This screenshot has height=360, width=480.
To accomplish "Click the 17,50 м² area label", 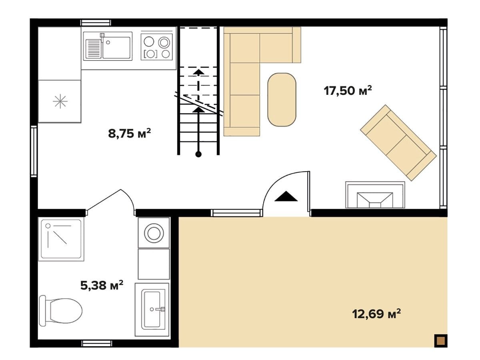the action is click(x=347, y=90).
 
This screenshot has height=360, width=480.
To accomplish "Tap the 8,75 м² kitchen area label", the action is click(x=130, y=133).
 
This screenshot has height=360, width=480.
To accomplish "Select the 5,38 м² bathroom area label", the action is click(x=102, y=285).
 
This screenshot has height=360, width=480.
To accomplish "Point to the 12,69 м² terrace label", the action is click(x=376, y=314).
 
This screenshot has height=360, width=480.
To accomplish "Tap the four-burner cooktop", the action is click(x=156, y=46).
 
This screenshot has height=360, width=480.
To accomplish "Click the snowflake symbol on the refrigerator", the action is click(x=60, y=101).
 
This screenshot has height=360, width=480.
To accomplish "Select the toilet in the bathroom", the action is click(x=60, y=311).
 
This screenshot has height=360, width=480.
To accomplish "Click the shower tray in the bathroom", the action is click(x=61, y=240).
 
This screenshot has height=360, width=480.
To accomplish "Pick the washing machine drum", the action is click(x=154, y=233).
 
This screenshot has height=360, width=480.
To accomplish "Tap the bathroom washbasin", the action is click(x=152, y=310).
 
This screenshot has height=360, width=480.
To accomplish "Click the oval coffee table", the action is click(x=282, y=100).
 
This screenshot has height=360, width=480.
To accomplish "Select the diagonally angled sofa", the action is click(x=398, y=143).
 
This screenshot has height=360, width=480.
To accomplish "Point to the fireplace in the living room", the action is click(x=375, y=194).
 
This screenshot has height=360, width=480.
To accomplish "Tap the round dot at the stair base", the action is click(x=198, y=154).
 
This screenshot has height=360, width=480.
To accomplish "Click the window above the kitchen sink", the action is click(x=96, y=23).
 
